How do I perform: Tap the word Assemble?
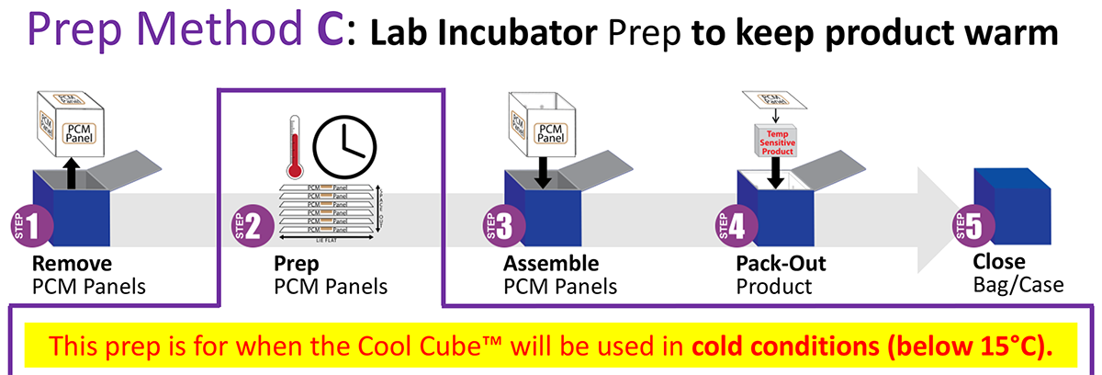pyautogui.click(x=551, y=265)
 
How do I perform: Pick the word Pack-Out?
pyautogui.click(x=782, y=265)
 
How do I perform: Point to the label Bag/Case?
pyautogui.click(x=1018, y=285)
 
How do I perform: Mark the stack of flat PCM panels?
pyautogui.click(x=327, y=210)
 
